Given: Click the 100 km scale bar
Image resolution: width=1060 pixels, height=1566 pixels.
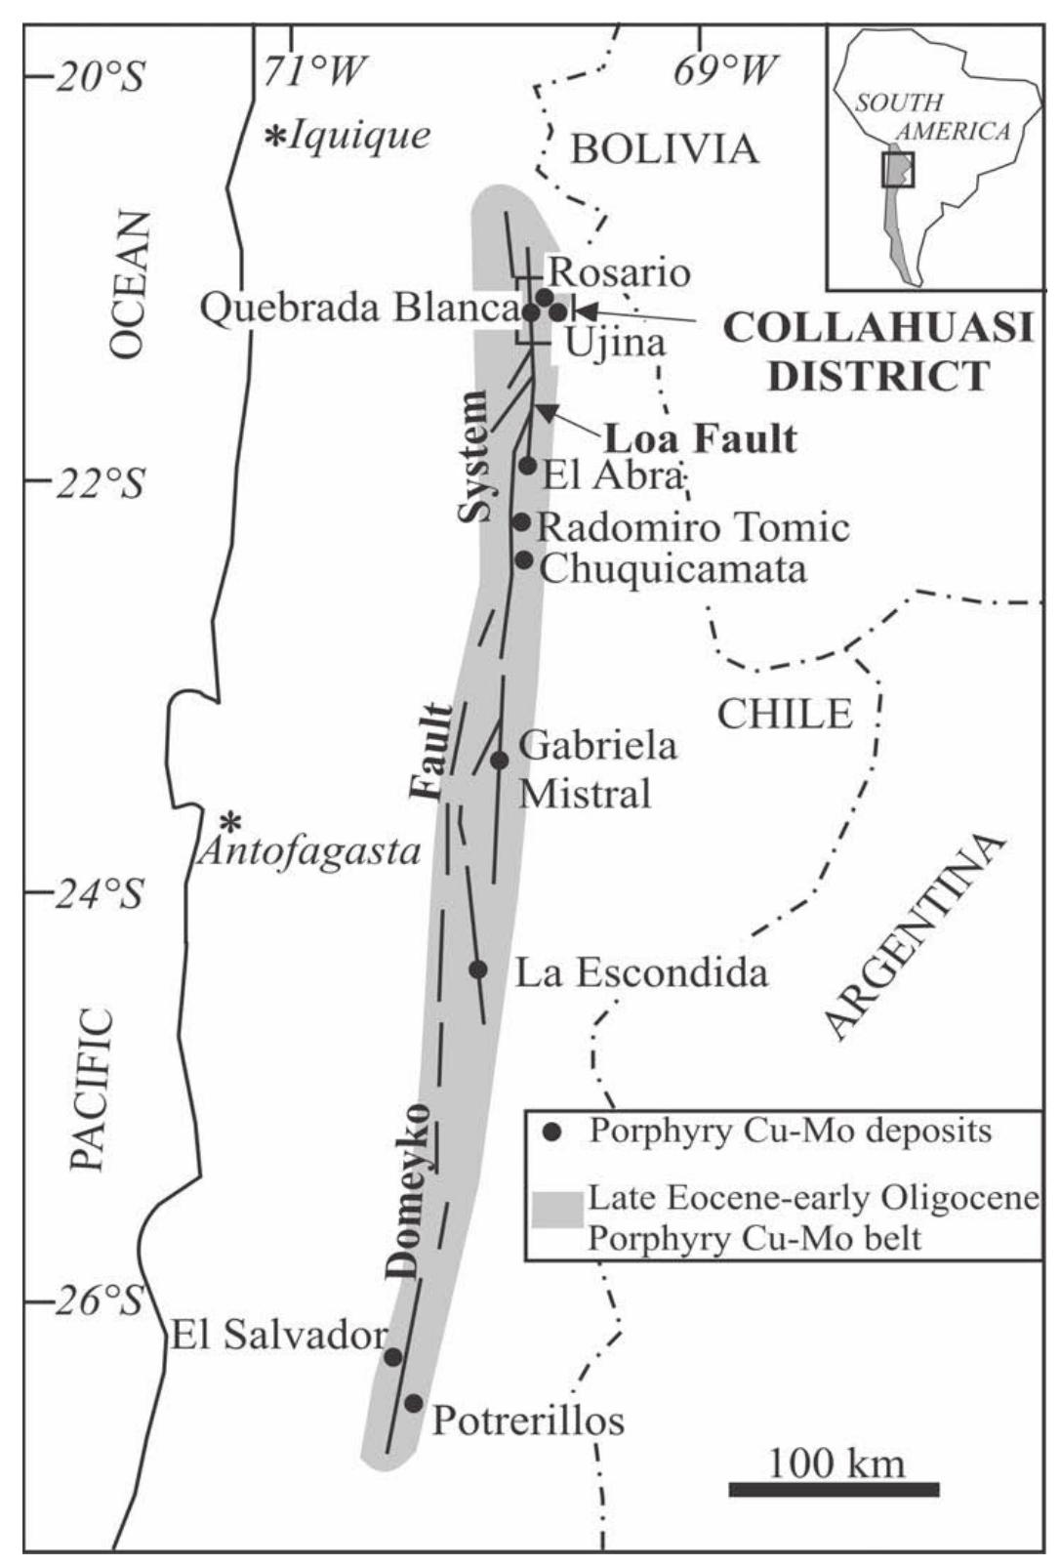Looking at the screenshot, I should pyautogui.click(x=834, y=1489).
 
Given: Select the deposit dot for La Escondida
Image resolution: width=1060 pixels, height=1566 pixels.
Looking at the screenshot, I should pyautogui.click(x=478, y=969).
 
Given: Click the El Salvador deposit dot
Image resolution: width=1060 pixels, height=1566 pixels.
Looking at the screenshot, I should pyautogui.click(x=393, y=1357).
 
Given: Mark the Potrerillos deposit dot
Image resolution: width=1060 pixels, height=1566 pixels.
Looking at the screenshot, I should pyautogui.click(x=414, y=1403).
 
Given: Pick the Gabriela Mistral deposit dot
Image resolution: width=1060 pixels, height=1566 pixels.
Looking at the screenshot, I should pyautogui.click(x=500, y=760).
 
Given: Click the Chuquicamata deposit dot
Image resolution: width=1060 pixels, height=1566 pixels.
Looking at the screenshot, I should pyautogui.click(x=524, y=559).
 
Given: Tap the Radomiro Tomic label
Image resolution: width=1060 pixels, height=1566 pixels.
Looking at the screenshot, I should pyautogui.click(x=693, y=528).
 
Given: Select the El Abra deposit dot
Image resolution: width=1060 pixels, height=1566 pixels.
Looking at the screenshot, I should pyautogui.click(x=527, y=466).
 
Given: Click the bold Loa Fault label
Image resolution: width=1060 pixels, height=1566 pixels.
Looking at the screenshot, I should pyautogui.click(x=700, y=438).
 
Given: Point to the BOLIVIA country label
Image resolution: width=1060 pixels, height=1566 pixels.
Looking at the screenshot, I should pyautogui.click(x=665, y=149).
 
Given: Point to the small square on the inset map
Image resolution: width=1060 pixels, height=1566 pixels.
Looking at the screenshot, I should pyautogui.click(x=898, y=169).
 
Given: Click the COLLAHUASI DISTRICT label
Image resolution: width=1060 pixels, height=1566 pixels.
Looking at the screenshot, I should pyautogui.click(x=877, y=351).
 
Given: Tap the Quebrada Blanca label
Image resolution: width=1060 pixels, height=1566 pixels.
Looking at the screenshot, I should pyautogui.click(x=357, y=309).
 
